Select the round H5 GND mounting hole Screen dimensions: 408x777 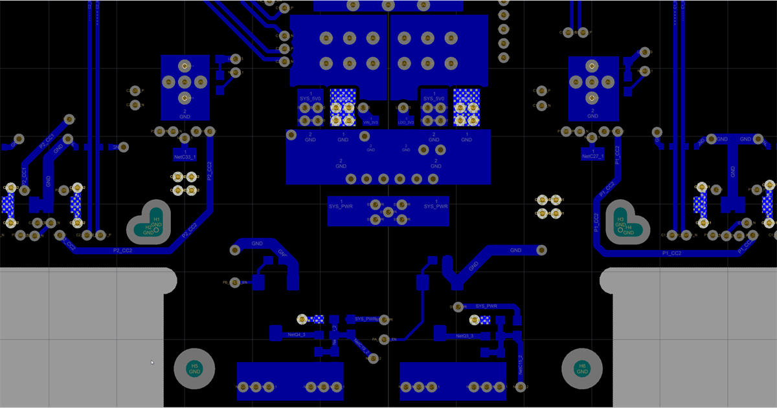point(194,369)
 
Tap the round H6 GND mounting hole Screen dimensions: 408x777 point(581,369)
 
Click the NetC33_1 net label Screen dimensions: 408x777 point(185,156)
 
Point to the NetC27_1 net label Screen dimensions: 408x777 point(592,156)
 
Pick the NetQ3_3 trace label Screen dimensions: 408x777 point(464,336)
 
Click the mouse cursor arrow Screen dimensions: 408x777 point(152,362)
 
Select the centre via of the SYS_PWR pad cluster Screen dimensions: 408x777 point(388,211)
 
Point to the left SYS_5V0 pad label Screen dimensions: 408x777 point(310,99)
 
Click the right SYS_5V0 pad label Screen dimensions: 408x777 point(434,99)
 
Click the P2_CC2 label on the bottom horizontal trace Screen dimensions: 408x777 point(122,250)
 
